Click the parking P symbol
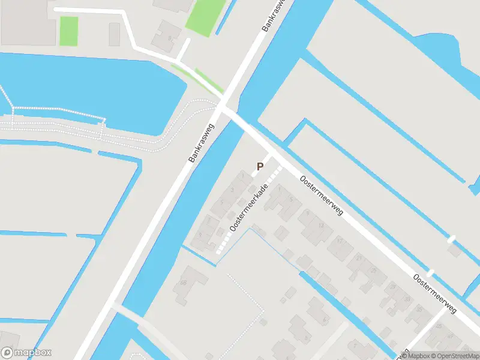pyautogui.click(x=260, y=167)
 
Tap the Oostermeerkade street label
pyautogui.click(x=248, y=208)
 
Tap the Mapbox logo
pyautogui.click(x=26, y=353)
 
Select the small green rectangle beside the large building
pyautogui.click(x=69, y=31)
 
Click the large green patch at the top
pyautogui.click(x=205, y=15)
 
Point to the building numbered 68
pyautogui.click(x=187, y=286)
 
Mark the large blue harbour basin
pyautogui.click(x=90, y=90)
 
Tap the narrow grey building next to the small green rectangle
pyautogui.click(x=115, y=34)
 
